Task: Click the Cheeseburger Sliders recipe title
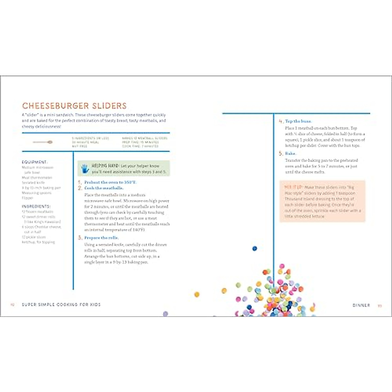pos(74,106)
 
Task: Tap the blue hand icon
pos(85,168)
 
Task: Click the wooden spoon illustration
pos(43,142)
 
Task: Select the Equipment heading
pos(35,162)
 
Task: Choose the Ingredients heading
pos(36,206)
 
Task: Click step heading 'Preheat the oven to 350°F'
pos(110,182)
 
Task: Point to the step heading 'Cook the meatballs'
pos(104,188)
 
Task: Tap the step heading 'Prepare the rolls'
pos(102,238)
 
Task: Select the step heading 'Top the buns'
pos(299,121)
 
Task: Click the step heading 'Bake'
pos(290,154)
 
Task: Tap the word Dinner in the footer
pos(361,305)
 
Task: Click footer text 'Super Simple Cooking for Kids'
pos(61,304)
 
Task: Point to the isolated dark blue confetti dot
pos(255,249)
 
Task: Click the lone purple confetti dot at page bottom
pos(165,314)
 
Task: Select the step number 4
pos(281,122)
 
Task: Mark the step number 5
pos(281,154)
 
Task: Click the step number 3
pos(80,238)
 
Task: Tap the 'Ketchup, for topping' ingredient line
pos(38,242)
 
